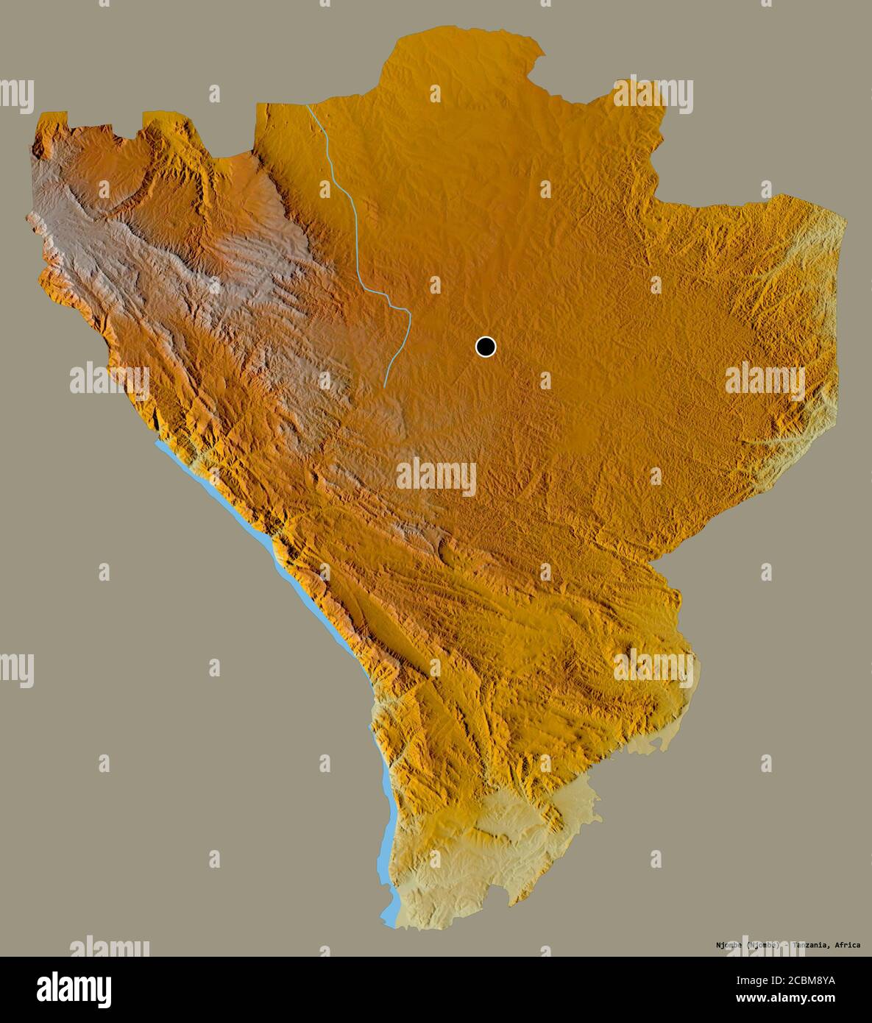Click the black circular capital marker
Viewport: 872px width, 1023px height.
click(x=486, y=346)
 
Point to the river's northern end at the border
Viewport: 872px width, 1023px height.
click(x=307, y=106)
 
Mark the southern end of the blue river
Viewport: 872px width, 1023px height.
click(x=384, y=386)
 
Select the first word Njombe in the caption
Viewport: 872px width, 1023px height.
click(x=729, y=945)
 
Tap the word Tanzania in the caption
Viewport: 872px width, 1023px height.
click(x=812, y=945)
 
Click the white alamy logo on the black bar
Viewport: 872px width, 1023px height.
click(x=74, y=990)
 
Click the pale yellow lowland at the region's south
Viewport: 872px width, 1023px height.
click(x=471, y=861)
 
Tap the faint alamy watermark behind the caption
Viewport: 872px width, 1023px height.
click(x=765, y=946)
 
